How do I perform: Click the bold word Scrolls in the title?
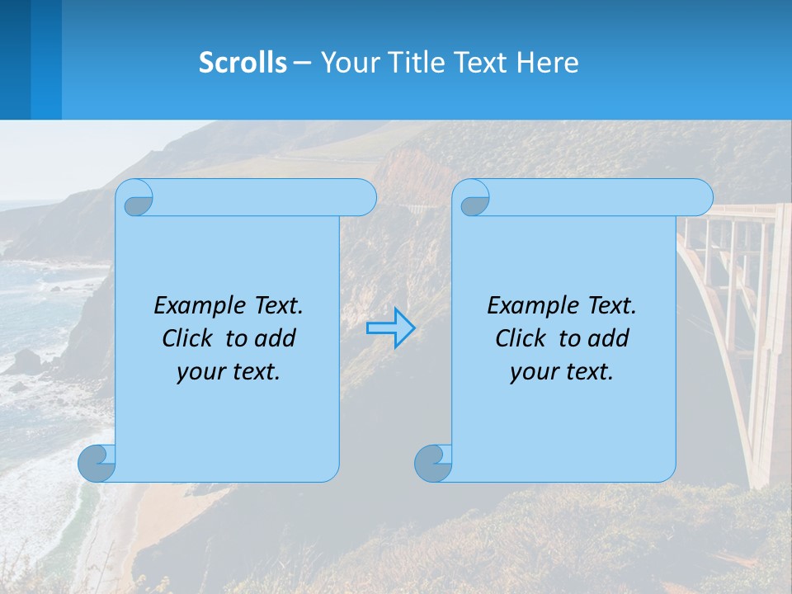pyautogui.click(x=243, y=63)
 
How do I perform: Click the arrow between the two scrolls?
pyautogui.click(x=390, y=328)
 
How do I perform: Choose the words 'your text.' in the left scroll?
pyautogui.click(x=229, y=371)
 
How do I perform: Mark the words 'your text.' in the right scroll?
pyautogui.click(x=562, y=371)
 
